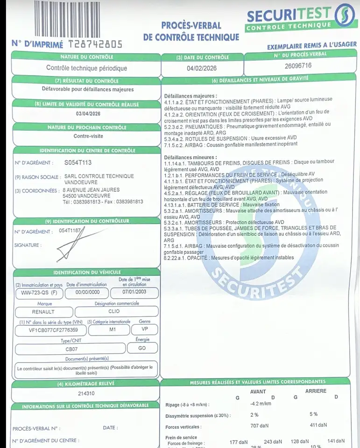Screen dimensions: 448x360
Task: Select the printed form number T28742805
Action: pos(95,44)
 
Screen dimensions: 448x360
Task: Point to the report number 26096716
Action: pos(298,66)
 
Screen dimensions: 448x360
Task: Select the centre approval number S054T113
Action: pos(78,163)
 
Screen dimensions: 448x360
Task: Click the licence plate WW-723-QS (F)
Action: pos(36,292)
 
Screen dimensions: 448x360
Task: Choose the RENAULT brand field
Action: pos(43,311)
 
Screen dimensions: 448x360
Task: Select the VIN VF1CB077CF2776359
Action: pos(50,330)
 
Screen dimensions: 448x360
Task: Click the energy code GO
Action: pos(142,349)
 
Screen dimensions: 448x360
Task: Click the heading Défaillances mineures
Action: pos(191,158)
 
